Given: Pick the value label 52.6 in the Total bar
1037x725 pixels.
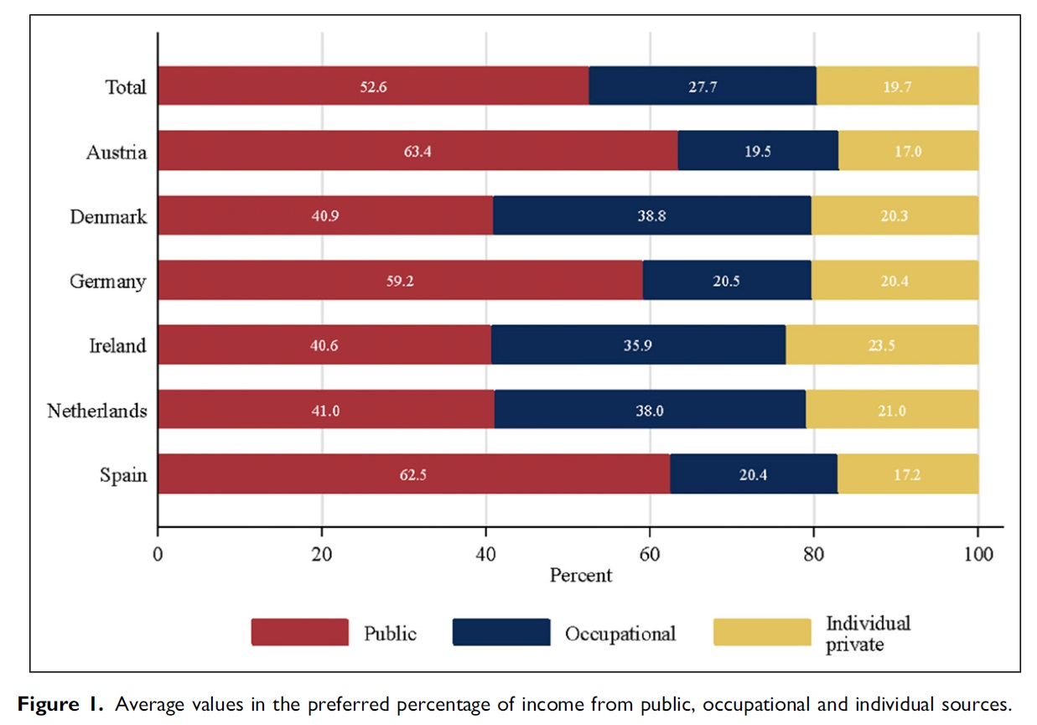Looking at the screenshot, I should coord(373,86).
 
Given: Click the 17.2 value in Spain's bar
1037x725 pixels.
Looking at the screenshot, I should coord(908,475).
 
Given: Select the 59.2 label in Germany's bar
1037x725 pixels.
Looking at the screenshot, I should coord(400,282).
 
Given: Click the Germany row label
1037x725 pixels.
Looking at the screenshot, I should coord(107,282).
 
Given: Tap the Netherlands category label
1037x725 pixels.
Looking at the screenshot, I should coord(97,411).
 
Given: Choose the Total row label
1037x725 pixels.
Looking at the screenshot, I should coord(126,87).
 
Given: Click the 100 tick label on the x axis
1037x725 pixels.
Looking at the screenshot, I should coord(977,555).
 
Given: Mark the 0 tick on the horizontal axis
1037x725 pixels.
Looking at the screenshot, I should coord(158,555).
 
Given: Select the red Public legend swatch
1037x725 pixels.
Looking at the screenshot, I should coord(299,632).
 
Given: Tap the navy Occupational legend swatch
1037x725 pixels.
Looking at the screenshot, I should coord(500,632).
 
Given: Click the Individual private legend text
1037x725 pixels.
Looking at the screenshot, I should coord(868,634).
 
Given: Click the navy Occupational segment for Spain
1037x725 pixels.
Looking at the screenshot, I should coord(753,474).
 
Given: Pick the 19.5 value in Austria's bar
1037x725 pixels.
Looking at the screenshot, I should coord(758,152).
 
